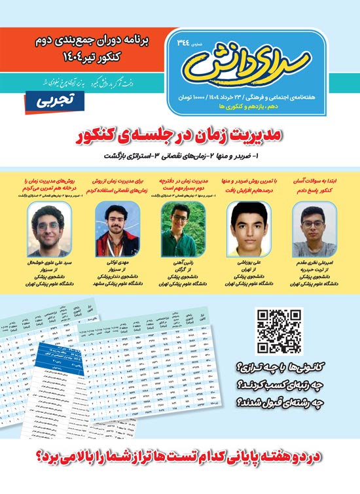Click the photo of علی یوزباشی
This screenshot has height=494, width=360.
pos(246,224)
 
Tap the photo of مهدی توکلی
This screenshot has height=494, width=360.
pos(111,221)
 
